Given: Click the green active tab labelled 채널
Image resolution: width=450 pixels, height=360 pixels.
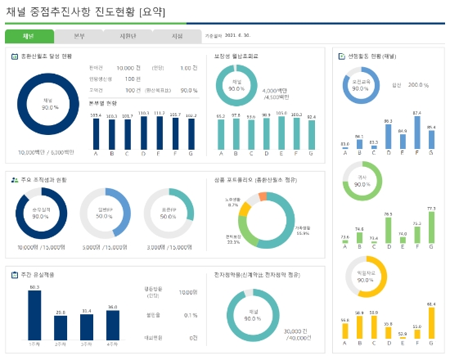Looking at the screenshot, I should click(29, 36).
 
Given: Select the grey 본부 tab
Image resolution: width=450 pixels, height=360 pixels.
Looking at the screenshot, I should click(79, 36).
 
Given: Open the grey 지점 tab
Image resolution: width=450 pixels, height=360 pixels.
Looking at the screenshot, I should click(177, 36).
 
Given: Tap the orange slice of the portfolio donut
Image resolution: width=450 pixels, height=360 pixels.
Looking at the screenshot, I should click(263, 196).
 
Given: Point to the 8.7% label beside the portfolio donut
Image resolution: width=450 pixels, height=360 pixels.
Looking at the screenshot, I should click(233, 205).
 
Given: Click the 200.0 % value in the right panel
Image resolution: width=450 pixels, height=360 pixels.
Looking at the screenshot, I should click(418, 84).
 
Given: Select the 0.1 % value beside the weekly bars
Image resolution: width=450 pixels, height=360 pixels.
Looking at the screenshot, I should click(191, 314).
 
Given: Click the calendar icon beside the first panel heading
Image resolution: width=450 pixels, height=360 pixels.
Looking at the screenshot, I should click(15, 56).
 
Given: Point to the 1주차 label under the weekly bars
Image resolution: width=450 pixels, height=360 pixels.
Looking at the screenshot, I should click(34, 346).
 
